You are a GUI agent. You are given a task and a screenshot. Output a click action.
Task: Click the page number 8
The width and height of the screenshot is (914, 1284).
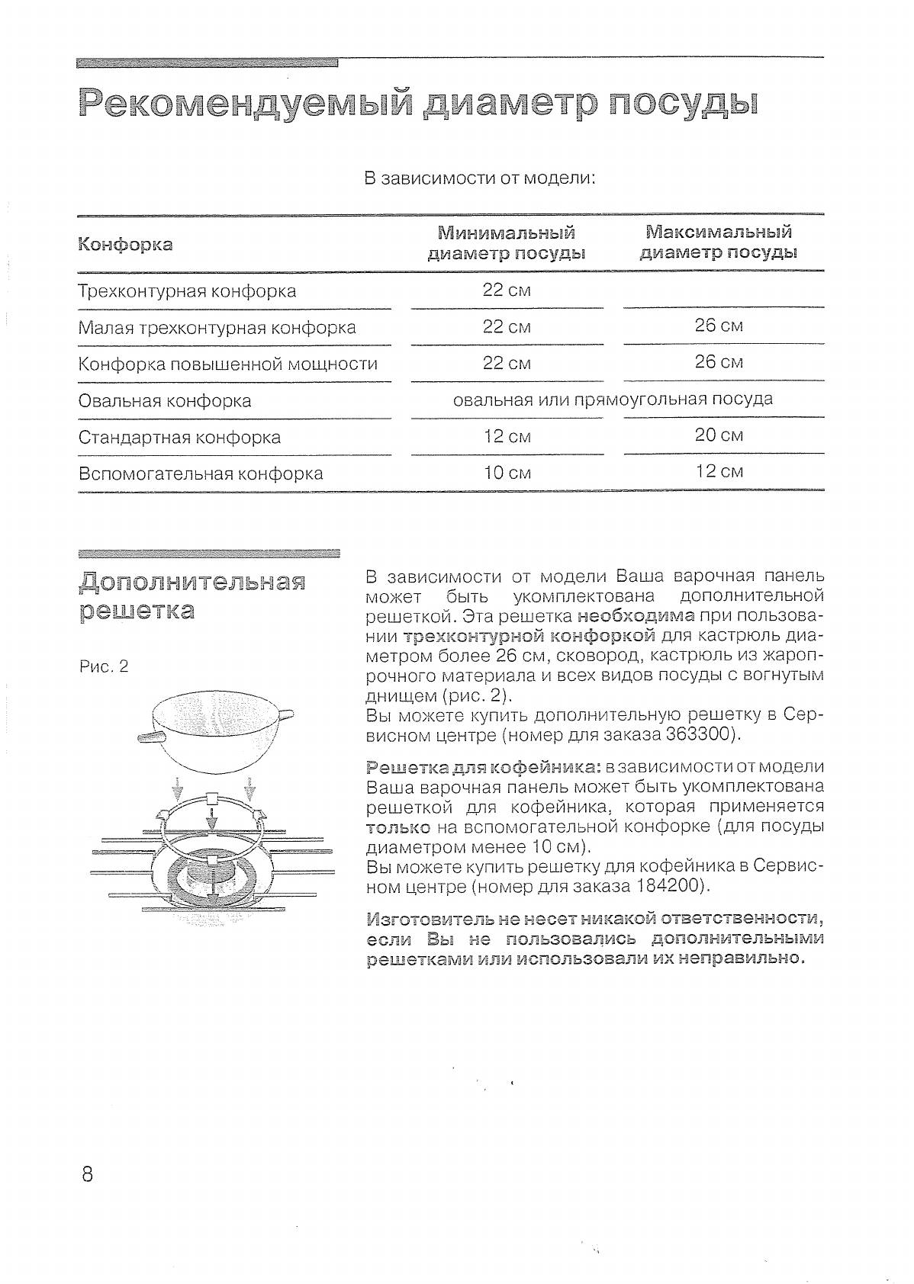(86, 1173)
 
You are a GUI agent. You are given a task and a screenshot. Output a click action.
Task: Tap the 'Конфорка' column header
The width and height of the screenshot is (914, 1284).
(126, 245)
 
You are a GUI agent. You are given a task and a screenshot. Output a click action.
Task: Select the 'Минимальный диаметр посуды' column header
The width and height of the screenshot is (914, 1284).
(506, 242)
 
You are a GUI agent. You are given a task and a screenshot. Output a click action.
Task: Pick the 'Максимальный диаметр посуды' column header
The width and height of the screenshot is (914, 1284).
(718, 242)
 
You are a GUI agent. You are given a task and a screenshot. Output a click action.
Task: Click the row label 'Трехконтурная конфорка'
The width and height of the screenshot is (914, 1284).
(187, 291)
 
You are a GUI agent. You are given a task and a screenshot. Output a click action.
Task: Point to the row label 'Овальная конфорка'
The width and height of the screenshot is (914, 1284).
(165, 401)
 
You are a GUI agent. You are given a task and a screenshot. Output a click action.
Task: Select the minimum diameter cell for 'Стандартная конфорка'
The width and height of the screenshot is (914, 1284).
(506, 437)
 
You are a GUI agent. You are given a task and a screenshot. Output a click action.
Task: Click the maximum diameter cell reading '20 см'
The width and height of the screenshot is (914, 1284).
(718, 435)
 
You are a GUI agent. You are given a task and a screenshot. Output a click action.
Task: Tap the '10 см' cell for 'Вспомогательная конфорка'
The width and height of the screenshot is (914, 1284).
(507, 473)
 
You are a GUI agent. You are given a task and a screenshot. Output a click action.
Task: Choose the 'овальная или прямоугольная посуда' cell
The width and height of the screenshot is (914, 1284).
(613, 400)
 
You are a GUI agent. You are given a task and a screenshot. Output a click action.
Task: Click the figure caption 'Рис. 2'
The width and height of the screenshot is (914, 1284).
(104, 667)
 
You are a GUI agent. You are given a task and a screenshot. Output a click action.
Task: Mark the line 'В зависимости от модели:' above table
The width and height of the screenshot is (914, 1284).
(479, 179)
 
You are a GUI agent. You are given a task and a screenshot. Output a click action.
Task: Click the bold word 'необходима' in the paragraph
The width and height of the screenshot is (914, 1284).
(636, 615)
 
